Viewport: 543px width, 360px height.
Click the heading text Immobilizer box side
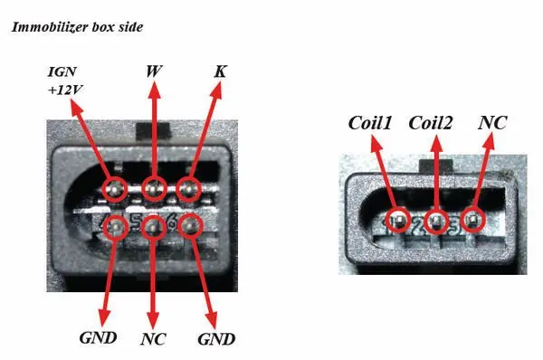tap(77, 27)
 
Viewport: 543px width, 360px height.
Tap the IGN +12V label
tap(65, 81)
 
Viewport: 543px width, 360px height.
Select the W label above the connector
tap(154, 71)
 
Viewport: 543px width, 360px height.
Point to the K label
tap(220, 71)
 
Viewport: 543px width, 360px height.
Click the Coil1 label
tap(370, 123)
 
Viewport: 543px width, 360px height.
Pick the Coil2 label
tap(431, 123)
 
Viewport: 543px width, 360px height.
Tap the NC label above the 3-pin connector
tap(492, 123)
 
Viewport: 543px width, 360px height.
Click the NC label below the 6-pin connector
tap(153, 339)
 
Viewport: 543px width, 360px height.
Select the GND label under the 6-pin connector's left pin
tap(98, 338)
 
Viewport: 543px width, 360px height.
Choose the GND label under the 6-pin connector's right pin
tap(216, 339)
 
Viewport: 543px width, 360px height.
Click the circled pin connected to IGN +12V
tap(115, 189)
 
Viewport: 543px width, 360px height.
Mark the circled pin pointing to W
tap(154, 189)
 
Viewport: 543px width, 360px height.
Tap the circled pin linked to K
tap(189, 189)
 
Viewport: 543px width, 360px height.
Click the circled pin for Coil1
tap(398, 220)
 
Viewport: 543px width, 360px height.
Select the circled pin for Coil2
tap(436, 221)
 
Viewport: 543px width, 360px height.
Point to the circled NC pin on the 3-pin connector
tap(473, 220)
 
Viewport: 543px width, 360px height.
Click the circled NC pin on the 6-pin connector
tap(152, 227)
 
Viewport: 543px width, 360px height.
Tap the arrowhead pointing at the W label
tap(154, 91)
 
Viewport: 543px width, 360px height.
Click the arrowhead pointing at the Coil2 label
tap(437, 144)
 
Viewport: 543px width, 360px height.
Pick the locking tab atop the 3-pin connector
tap(436, 166)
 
